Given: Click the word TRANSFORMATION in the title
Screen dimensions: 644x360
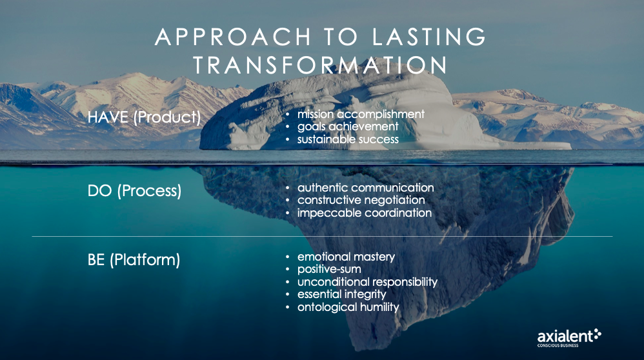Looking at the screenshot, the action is point(320,65).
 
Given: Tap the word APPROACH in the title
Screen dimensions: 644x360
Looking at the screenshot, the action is point(233,37).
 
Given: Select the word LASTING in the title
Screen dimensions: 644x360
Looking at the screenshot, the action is point(428,37).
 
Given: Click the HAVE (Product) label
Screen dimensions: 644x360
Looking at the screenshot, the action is point(144,117).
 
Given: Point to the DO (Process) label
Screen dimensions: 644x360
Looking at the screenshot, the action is point(134,191).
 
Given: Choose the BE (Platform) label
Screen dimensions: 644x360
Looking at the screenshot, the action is point(134,260).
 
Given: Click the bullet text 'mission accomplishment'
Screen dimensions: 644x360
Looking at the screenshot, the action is point(361,114).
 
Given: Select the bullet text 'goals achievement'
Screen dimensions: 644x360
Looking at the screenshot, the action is point(348,126).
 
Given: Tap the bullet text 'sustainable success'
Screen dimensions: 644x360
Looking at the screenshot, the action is point(348,139).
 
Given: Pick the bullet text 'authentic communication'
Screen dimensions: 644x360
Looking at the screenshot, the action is point(365,188).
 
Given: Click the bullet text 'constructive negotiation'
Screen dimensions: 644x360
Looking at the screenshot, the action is point(361,200).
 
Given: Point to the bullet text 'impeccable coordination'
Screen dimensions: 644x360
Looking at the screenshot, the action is point(365,213).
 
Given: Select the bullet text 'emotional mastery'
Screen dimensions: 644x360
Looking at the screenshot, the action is point(346,257).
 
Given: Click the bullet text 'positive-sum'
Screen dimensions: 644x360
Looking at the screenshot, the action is point(329,269).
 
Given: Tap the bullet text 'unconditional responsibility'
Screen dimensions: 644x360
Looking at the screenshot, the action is point(367,282).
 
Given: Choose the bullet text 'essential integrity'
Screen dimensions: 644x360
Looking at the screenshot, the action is point(342,294).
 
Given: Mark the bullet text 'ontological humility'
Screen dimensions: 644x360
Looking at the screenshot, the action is point(348,307).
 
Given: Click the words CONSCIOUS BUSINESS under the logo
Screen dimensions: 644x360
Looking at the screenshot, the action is point(558,346).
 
